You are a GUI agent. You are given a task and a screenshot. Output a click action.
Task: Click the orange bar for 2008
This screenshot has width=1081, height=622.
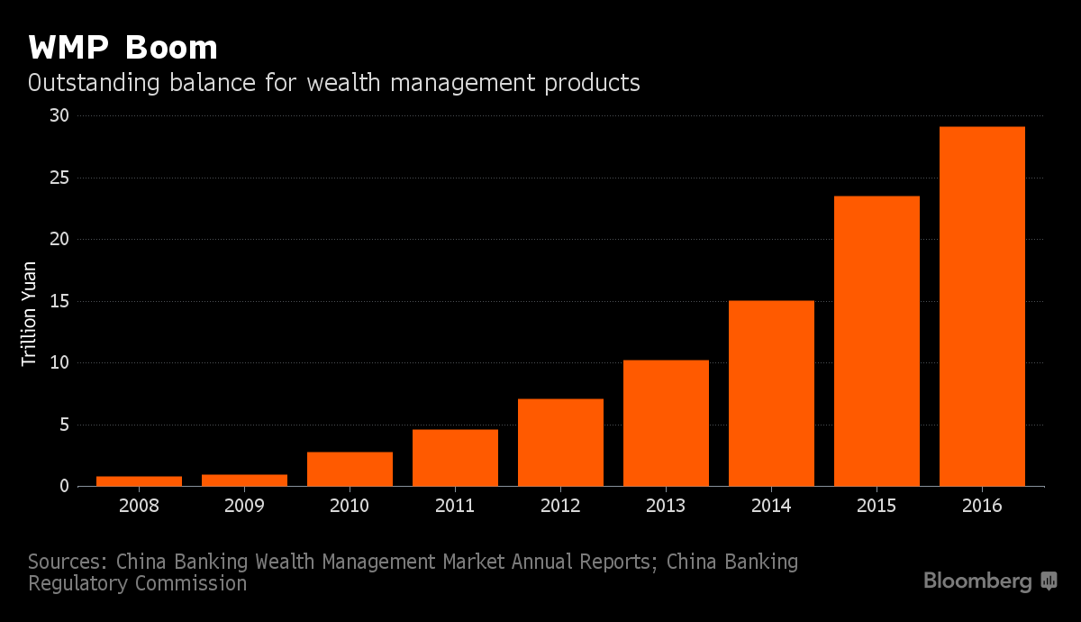tap(139, 481)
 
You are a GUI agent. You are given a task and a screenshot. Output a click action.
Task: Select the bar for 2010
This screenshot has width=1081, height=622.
tap(350, 469)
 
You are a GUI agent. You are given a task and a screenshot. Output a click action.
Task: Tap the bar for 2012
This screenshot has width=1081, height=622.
tap(560, 443)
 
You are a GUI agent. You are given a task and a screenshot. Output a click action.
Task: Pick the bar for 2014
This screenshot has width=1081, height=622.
tap(771, 393)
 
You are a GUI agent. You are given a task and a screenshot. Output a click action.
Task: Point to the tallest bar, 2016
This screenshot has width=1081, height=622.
tap(982, 306)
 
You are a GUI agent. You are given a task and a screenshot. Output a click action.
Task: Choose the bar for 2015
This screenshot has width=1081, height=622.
tap(877, 341)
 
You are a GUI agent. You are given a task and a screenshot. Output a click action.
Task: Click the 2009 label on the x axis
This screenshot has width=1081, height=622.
tap(244, 506)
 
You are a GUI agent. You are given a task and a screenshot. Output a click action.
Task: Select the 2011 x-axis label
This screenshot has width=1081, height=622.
tap(455, 506)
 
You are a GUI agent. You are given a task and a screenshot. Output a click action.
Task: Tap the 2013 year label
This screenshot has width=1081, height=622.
tap(666, 506)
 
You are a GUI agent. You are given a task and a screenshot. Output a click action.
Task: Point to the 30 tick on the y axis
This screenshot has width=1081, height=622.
tap(59, 116)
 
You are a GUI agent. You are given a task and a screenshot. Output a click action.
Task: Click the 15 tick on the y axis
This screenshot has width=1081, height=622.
tap(59, 301)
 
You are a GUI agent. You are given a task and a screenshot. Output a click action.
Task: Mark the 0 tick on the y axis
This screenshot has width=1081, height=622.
tap(64, 487)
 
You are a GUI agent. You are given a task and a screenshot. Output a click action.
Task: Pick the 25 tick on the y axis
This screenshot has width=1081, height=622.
tap(59, 178)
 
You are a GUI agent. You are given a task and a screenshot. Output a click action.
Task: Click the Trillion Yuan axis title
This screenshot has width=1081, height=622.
tap(30, 314)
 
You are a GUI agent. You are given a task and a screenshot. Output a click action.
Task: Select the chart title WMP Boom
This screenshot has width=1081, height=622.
tap(123, 47)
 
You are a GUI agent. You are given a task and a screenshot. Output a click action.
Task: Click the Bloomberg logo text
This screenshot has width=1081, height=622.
tap(977, 581)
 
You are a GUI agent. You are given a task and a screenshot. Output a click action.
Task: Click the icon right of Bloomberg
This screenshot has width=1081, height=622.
tap(1049, 581)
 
